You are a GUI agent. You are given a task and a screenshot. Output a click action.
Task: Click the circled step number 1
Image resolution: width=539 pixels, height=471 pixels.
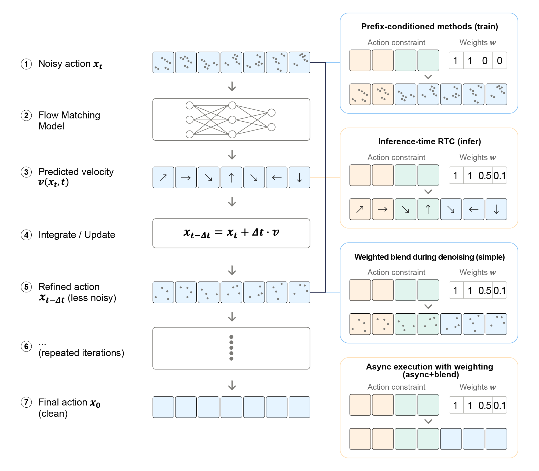tap(26, 64)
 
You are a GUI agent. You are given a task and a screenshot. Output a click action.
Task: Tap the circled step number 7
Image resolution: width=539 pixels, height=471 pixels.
tap(26, 402)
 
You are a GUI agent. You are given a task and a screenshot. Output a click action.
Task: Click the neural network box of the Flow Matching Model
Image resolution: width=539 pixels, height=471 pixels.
tap(231, 119)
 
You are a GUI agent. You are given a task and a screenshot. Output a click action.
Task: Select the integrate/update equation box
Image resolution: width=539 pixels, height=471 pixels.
tap(231, 233)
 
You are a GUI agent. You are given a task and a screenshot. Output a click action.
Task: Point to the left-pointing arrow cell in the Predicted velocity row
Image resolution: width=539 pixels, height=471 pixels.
tap(277, 177)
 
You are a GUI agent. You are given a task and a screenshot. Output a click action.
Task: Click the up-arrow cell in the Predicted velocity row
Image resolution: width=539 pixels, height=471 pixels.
tap(231, 177)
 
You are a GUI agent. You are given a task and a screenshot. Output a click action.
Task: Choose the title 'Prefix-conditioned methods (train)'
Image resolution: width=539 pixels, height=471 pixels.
tap(430, 27)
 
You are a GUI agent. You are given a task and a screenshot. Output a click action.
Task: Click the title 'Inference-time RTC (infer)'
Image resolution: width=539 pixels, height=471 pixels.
tap(430, 142)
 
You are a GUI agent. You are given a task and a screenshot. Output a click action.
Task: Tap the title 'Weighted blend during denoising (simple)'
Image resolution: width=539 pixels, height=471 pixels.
tap(430, 257)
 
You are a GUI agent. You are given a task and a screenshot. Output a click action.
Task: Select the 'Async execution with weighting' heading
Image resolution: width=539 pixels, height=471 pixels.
tap(430, 367)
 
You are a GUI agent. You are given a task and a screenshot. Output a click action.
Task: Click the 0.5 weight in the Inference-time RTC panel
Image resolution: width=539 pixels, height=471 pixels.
tap(485, 176)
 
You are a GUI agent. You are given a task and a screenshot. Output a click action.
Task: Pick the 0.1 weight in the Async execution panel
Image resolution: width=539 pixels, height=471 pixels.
tap(500, 405)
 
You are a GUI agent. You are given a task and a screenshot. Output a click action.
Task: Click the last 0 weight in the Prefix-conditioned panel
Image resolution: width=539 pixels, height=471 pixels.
tap(500, 61)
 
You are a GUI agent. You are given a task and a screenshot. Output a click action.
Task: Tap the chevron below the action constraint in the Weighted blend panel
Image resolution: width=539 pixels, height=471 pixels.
tap(428, 306)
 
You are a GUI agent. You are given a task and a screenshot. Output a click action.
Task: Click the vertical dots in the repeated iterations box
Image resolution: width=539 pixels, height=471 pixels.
tap(231, 348)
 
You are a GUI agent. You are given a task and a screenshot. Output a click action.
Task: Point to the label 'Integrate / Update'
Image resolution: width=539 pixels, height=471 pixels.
tap(77, 235)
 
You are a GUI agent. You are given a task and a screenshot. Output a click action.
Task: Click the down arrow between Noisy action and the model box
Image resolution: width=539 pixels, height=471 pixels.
tap(232, 86)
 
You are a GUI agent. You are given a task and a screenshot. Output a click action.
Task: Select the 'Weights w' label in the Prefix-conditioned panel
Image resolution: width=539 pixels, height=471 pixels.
tap(478, 42)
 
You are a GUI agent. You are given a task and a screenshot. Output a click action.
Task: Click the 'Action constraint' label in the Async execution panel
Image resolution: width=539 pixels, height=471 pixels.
tap(396, 387)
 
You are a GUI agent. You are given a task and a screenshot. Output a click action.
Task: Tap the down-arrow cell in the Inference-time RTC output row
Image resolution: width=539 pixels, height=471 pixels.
tap(496, 209)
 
